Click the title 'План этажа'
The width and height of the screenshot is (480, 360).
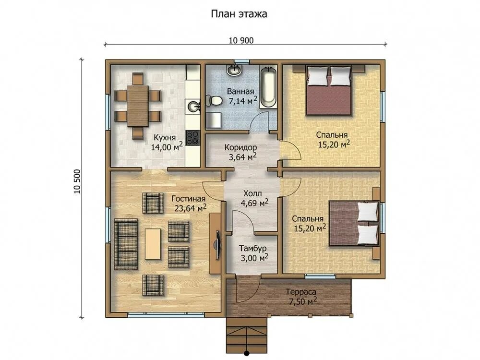(x=239, y=14)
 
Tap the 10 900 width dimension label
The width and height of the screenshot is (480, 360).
(x=241, y=40)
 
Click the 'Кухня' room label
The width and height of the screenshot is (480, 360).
(x=165, y=137)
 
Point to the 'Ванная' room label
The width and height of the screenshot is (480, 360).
(x=240, y=91)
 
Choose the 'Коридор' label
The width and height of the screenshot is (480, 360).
(x=240, y=147)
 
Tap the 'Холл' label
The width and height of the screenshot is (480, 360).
(x=252, y=193)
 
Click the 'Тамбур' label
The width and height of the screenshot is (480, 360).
(x=252, y=248)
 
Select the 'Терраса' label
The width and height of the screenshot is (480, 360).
(x=301, y=292)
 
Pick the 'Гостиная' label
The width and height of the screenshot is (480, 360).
(x=188, y=199)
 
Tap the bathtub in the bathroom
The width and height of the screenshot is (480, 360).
(x=268, y=87)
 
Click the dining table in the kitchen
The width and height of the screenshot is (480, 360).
(x=138, y=106)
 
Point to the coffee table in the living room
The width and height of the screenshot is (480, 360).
(x=153, y=244)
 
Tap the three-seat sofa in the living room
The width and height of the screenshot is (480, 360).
(x=126, y=244)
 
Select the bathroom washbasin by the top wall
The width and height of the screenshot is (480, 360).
(x=235, y=71)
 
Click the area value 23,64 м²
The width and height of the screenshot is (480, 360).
(x=191, y=208)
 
